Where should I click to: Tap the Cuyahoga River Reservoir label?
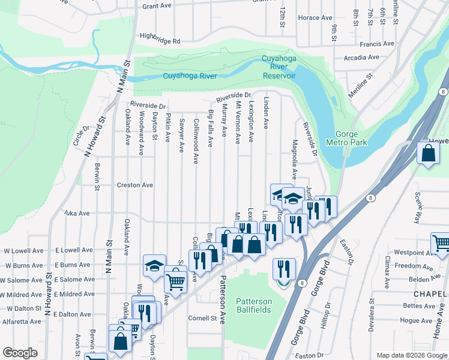(x=279, y=67)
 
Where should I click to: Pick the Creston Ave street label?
(x=135, y=185)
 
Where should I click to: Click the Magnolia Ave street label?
(x=295, y=159)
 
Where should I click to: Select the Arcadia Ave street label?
(x=361, y=58)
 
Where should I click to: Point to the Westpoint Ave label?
(x=412, y=254)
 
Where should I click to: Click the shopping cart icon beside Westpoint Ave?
(x=441, y=243)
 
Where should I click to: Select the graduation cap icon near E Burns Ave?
(x=154, y=265)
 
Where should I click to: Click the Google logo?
(x=20, y=353)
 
